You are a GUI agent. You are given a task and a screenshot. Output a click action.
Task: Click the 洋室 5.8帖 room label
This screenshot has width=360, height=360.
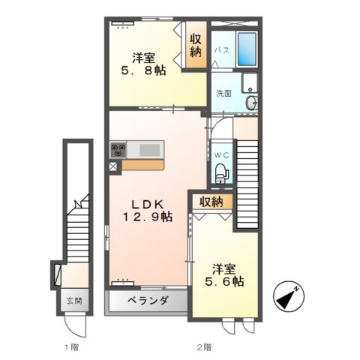(x=143, y=64)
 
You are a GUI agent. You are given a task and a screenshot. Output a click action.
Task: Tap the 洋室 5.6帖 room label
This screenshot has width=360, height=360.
(x=224, y=275)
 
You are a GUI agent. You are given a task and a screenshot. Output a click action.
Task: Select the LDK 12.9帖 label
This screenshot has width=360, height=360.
(x=148, y=211)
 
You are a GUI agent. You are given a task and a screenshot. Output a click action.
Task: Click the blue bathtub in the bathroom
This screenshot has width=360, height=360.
(x=247, y=49)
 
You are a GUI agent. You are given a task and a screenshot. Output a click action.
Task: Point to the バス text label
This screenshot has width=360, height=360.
(x=222, y=50)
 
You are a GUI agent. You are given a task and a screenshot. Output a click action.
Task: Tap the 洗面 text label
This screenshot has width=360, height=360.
(x=223, y=93)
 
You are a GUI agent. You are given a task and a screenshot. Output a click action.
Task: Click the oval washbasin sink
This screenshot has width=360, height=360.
(x=251, y=103)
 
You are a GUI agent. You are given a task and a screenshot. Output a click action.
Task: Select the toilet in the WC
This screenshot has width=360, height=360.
(x=222, y=173)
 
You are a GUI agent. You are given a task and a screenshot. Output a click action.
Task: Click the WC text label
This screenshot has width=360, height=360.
(x=221, y=155)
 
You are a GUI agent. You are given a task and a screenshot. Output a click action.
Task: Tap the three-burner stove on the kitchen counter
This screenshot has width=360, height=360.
(x=118, y=149)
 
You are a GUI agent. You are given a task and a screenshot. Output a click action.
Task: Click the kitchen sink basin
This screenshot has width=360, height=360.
(x=149, y=150)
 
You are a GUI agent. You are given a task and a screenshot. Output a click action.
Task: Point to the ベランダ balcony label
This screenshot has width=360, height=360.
(x=148, y=300)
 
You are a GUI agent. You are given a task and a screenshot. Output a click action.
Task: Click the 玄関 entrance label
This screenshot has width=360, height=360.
(x=74, y=301)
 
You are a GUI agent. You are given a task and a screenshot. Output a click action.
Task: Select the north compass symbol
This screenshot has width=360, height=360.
(x=289, y=296)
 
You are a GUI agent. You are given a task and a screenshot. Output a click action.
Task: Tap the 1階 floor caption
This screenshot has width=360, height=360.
(x=72, y=347)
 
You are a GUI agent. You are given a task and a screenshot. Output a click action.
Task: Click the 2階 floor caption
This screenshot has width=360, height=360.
(x=204, y=347)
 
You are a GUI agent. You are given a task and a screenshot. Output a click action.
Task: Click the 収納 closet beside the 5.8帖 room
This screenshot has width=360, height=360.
(x=196, y=45)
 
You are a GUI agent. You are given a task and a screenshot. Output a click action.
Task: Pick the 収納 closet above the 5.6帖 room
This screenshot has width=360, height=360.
(x=212, y=202)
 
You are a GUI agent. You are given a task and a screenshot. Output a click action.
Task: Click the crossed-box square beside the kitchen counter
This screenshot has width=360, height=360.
(x=113, y=166)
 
